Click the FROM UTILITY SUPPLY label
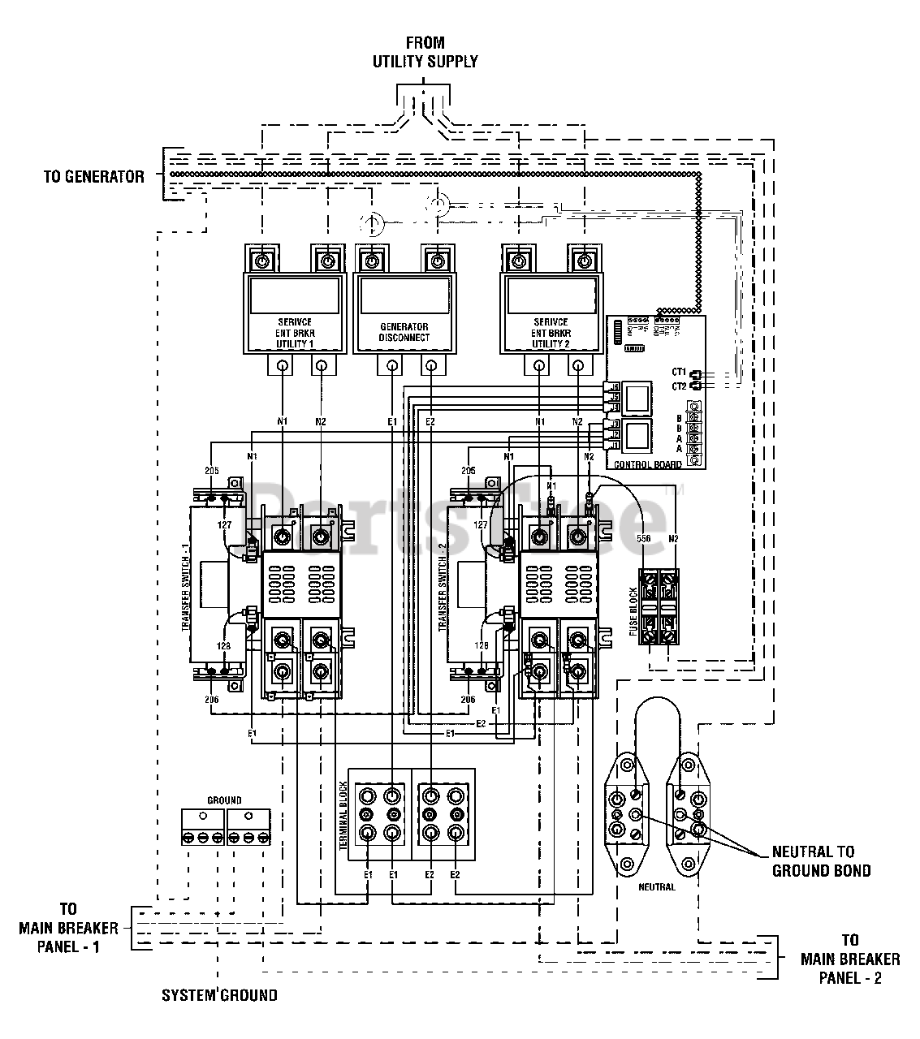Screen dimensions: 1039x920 click(425, 52)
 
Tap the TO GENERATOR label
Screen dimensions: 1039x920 click(94, 176)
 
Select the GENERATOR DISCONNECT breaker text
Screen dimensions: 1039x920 click(404, 332)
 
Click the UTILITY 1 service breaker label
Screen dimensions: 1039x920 click(294, 333)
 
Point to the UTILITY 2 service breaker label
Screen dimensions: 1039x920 click(552, 333)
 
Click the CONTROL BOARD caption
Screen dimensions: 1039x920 click(648, 464)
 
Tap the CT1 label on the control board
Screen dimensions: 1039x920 click(679, 372)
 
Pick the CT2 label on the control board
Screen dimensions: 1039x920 click(679, 386)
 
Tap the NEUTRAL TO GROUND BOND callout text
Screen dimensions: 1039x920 click(821, 860)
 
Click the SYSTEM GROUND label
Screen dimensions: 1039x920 click(219, 995)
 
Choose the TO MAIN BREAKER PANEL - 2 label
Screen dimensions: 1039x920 click(849, 959)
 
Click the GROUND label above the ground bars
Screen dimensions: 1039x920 click(224, 800)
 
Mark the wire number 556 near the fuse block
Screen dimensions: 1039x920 click(643, 538)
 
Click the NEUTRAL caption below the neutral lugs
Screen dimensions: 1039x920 click(656, 887)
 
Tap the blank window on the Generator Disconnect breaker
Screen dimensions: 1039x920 click(404, 296)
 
